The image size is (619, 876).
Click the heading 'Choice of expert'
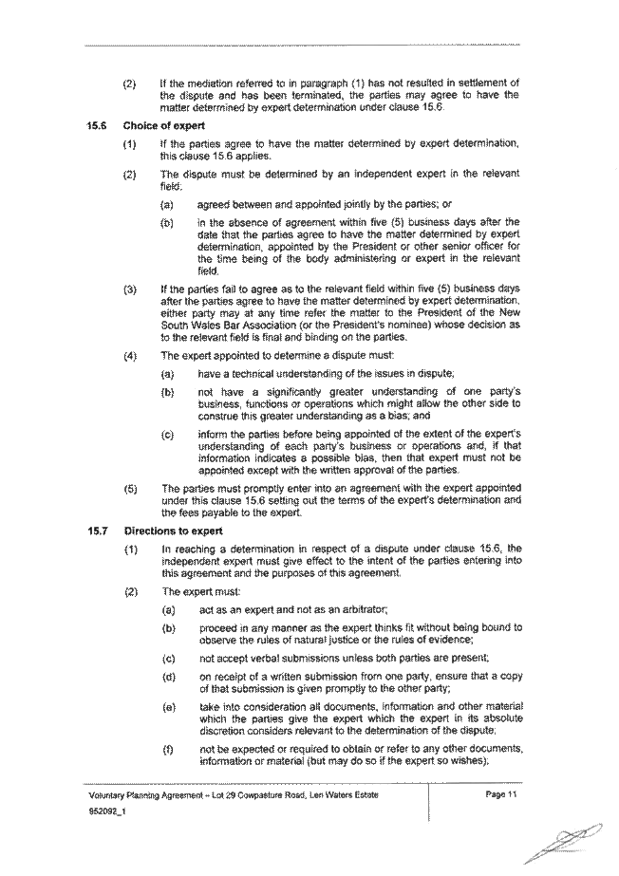click(163, 126)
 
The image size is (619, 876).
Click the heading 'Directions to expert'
click(173, 531)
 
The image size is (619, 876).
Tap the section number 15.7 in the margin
click(97, 531)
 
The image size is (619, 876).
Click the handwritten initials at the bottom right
click(566, 843)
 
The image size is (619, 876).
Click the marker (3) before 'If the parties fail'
click(130, 290)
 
